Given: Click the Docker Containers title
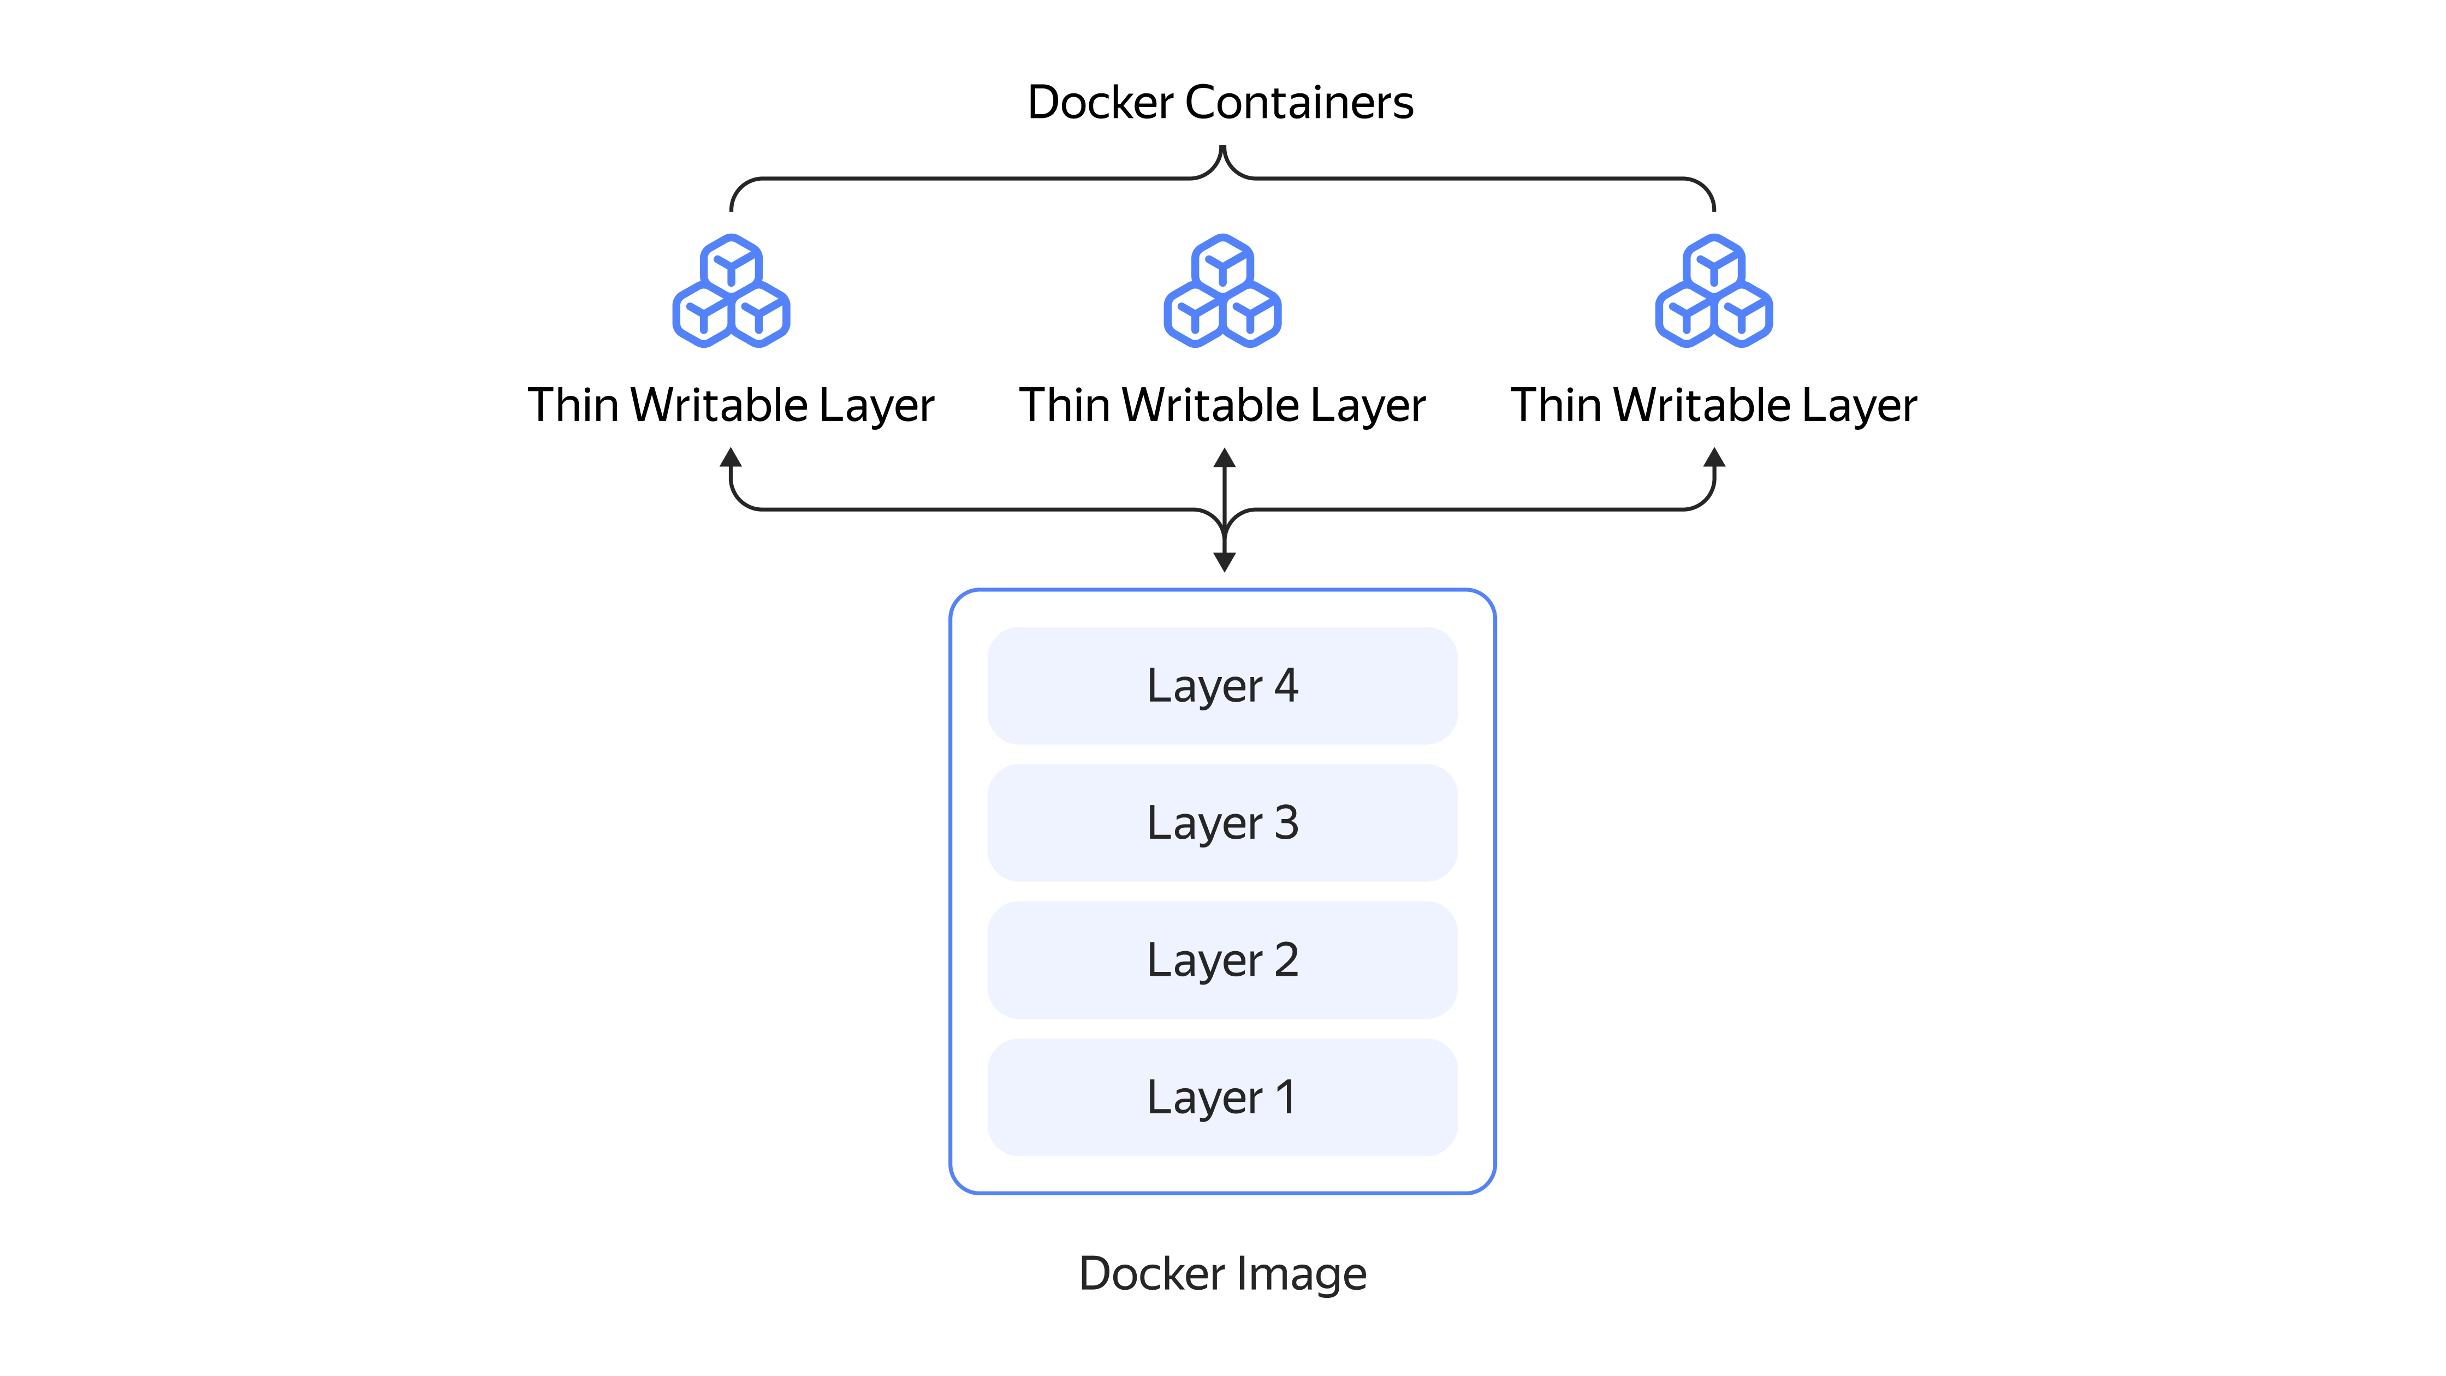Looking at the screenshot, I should click(x=1221, y=103).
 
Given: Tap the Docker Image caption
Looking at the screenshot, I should click(x=1222, y=1273).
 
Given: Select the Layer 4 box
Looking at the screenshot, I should click(x=1222, y=686).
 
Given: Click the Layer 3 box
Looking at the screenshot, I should click(x=1222, y=822).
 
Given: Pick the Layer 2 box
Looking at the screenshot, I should click(x=1222, y=960).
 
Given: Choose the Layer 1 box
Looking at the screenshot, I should click(x=1222, y=1097).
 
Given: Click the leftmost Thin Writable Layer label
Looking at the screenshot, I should click(x=731, y=406).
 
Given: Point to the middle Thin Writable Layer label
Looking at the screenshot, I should click(x=1223, y=406).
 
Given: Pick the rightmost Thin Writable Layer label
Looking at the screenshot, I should click(x=1714, y=406).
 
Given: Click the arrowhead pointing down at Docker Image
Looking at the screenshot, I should click(x=1225, y=562).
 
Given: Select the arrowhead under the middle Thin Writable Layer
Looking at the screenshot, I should click(x=1225, y=459).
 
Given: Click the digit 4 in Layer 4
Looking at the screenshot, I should click(x=1287, y=686).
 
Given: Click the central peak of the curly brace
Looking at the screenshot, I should click(x=1223, y=152).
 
